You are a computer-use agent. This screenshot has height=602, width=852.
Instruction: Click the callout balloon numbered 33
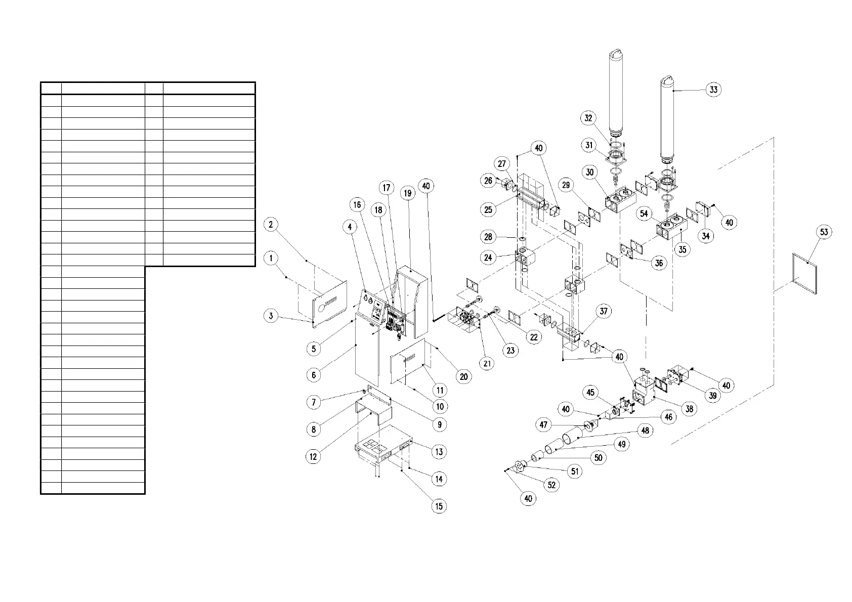coord(713,90)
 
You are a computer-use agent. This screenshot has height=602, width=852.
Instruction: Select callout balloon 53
coord(824,232)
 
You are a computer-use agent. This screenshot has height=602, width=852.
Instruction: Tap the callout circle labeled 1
coord(271,259)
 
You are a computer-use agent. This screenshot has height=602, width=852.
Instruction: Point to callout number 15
coord(439,506)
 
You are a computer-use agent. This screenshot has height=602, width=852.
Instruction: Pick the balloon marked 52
coord(551,485)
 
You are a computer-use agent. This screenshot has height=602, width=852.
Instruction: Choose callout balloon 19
coord(408,193)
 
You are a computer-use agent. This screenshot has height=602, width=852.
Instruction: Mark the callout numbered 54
coord(644,213)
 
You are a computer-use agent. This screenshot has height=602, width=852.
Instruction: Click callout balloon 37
coord(603,311)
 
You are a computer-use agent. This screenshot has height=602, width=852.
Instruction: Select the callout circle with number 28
coord(488,237)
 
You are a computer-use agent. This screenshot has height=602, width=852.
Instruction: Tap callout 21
coord(487,363)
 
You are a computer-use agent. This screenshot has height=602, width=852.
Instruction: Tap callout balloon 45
coord(590,393)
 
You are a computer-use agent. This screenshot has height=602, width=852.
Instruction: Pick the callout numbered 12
coord(313,457)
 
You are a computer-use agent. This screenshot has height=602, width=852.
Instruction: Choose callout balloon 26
coord(488,181)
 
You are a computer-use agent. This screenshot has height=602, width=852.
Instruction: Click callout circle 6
coord(314,375)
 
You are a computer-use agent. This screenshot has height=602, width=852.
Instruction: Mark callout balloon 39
coord(712,395)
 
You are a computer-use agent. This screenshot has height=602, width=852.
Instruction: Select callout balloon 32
coord(588,118)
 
